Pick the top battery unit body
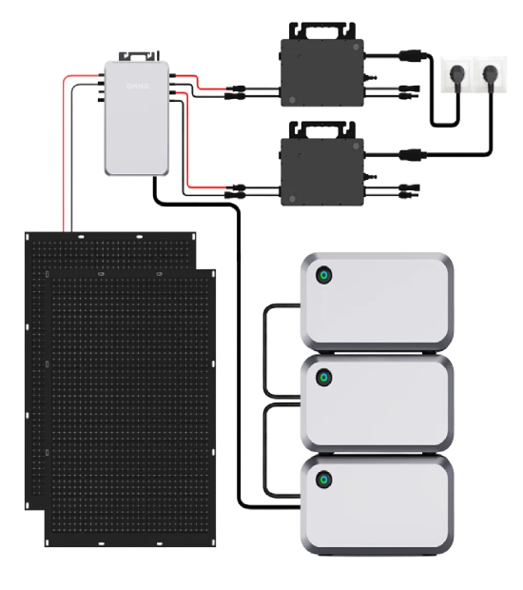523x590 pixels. [380, 300]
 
